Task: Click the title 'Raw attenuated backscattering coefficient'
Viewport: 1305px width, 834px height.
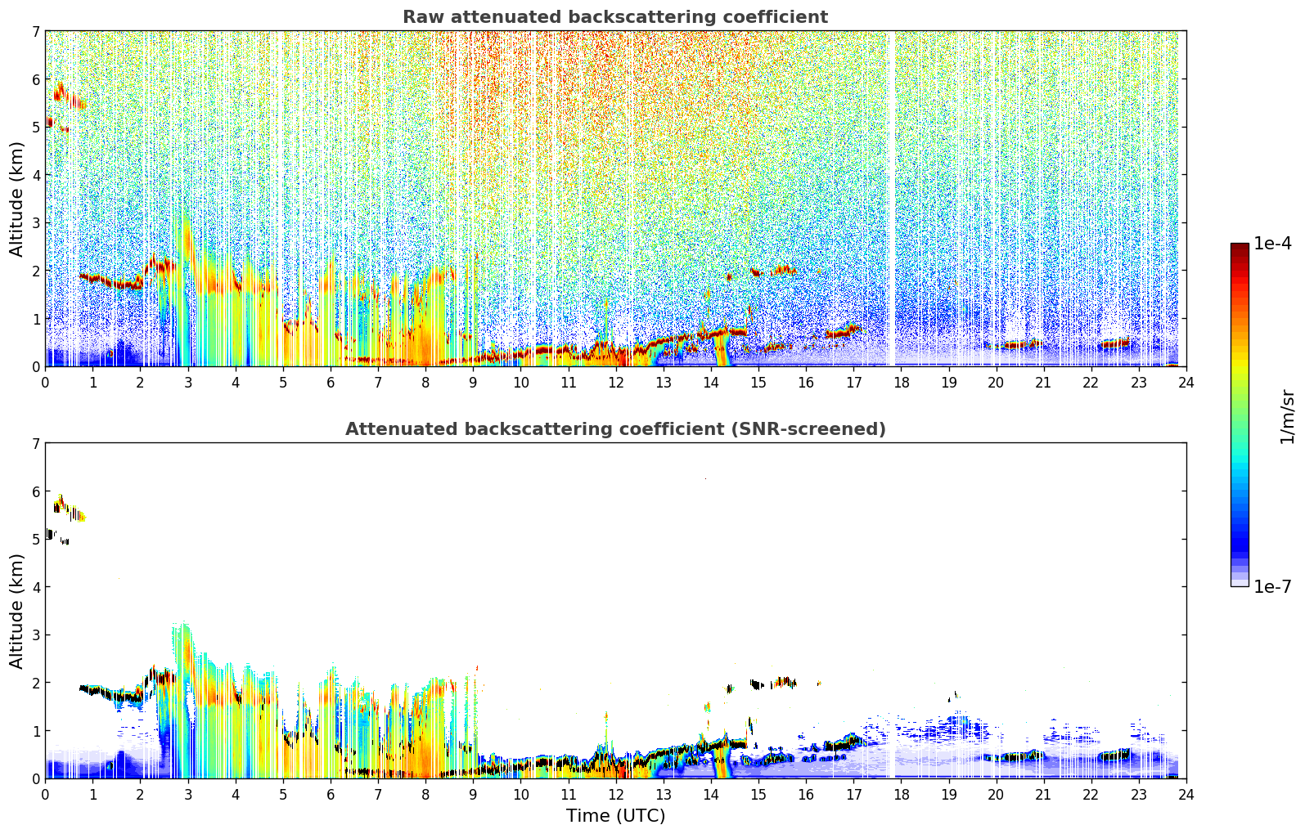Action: [615, 17]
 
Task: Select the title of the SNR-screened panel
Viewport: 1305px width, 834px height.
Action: [615, 429]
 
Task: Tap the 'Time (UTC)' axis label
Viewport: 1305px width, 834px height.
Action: [615, 816]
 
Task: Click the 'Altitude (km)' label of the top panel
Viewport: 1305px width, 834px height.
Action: [17, 199]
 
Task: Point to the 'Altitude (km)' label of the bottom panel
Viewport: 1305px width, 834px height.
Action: [17, 611]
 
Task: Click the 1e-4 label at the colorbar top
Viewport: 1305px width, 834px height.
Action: [1272, 244]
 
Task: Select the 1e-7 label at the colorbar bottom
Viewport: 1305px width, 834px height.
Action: [1272, 587]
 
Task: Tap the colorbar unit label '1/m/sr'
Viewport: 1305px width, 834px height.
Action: [1287, 416]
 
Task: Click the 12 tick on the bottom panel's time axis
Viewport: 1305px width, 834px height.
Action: [615, 794]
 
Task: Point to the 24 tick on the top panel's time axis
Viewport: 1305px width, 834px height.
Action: [1186, 382]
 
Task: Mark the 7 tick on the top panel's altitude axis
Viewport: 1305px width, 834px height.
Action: [35, 32]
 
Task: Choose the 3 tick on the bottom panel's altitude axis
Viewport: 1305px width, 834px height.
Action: [35, 635]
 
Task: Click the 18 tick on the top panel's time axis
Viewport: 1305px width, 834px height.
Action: [901, 382]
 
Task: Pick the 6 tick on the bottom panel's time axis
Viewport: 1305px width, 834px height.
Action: [331, 794]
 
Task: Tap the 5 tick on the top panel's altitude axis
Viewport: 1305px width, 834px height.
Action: [35, 128]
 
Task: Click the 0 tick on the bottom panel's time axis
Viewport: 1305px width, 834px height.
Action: [45, 794]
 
